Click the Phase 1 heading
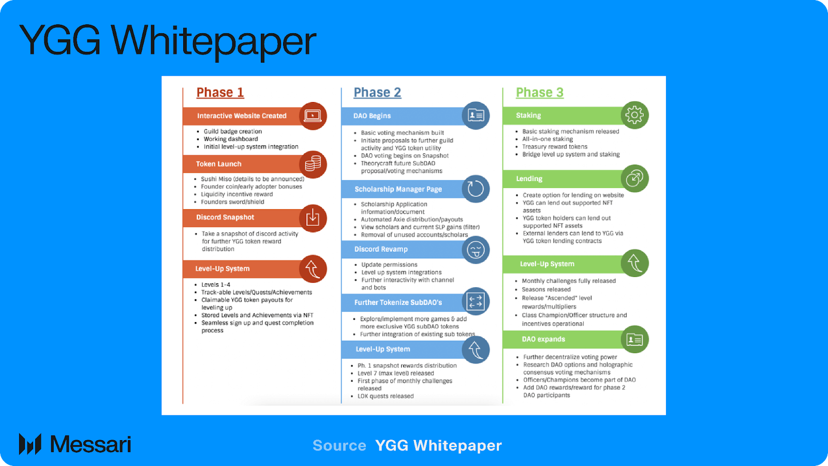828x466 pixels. pyautogui.click(x=220, y=93)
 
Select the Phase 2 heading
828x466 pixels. pyautogui.click(x=377, y=93)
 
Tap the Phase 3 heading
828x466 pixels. pyautogui.click(x=539, y=93)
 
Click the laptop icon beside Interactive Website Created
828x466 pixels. pyautogui.click(x=313, y=115)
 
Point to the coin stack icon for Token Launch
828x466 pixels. pyautogui.click(x=313, y=164)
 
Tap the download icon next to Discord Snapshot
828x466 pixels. pyautogui.click(x=313, y=218)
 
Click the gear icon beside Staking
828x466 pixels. pyautogui.click(x=634, y=115)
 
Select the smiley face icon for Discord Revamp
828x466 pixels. pyautogui.click(x=476, y=250)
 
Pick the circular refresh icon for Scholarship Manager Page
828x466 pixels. pyautogui.click(x=476, y=189)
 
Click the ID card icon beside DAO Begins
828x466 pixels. pyautogui.click(x=476, y=115)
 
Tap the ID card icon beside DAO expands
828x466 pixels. pyautogui.click(x=634, y=340)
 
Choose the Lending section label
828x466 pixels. pyautogui.click(x=529, y=179)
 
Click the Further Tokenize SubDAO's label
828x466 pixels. pyautogui.click(x=398, y=302)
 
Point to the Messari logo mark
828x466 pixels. pyautogui.click(x=30, y=444)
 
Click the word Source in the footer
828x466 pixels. pyautogui.click(x=339, y=445)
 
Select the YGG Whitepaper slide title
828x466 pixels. pyautogui.click(x=168, y=40)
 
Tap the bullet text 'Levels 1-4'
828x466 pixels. pyautogui.click(x=216, y=285)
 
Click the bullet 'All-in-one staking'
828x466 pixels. pyautogui.click(x=548, y=139)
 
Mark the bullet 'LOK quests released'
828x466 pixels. pyautogui.click(x=386, y=396)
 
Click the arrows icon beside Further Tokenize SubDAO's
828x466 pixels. pyautogui.click(x=475, y=301)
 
